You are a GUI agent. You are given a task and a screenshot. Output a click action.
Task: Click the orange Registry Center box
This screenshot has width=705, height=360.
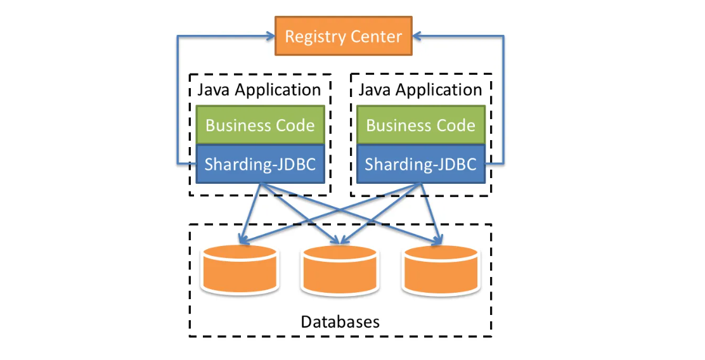(x=343, y=36)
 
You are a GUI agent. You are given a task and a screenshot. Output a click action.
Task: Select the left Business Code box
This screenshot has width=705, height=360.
(x=260, y=125)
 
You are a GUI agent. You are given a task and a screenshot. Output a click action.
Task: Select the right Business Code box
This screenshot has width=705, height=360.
(x=421, y=125)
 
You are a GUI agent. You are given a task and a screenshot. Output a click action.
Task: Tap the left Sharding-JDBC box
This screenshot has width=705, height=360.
(x=260, y=164)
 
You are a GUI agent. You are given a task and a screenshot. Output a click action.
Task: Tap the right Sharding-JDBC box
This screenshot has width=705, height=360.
(x=421, y=164)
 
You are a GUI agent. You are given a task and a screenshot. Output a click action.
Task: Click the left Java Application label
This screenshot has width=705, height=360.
(x=259, y=89)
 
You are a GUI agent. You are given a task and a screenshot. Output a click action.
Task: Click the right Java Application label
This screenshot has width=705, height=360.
(x=420, y=89)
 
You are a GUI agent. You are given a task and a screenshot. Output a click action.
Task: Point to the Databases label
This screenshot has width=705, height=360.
(x=340, y=321)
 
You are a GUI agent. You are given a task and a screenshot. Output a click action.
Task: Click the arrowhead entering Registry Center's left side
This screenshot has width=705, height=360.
(x=269, y=36)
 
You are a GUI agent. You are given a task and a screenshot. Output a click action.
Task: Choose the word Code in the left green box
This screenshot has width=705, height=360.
(x=294, y=125)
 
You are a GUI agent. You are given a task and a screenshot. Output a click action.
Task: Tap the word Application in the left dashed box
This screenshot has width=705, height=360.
(x=278, y=90)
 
